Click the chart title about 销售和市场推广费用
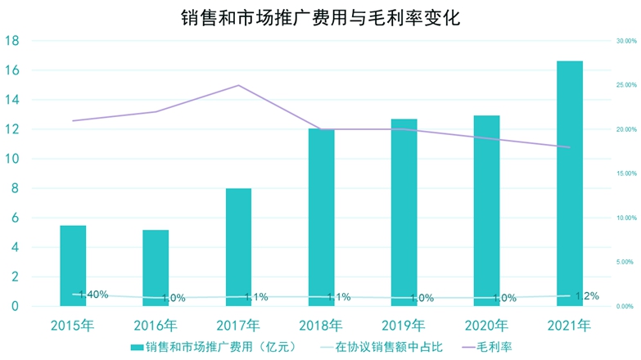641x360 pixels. click(x=320, y=17)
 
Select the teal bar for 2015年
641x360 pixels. click(x=73, y=266)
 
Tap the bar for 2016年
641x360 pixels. click(x=156, y=268)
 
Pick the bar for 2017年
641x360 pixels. click(x=238, y=247)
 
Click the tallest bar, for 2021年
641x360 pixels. click(x=569, y=184)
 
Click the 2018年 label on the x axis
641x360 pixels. click(x=321, y=325)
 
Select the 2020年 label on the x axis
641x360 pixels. click(x=486, y=325)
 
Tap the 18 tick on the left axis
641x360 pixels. click(x=14, y=41)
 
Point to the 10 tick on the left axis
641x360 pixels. click(x=14, y=159)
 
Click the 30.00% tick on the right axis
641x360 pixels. click(x=625, y=41)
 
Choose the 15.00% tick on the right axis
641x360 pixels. click(x=625, y=173)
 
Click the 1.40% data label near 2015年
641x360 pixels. click(x=93, y=295)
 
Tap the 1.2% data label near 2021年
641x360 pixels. click(x=586, y=296)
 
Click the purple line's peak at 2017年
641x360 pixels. click(x=238, y=85)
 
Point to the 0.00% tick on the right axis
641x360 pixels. click(x=625, y=306)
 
